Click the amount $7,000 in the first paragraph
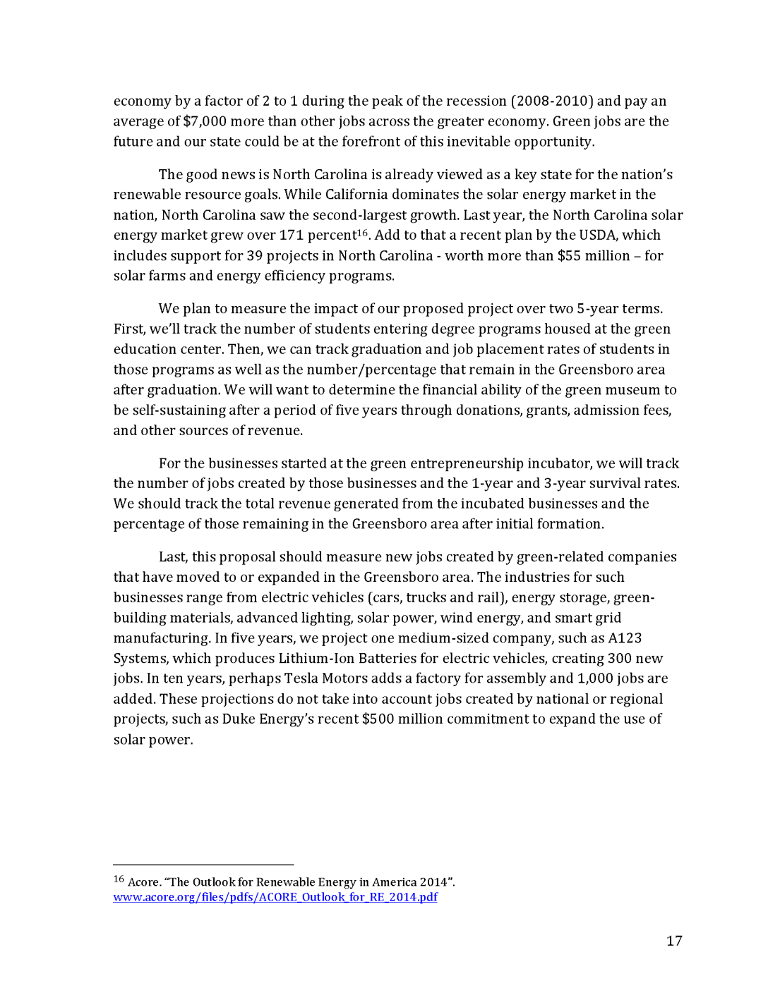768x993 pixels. (x=205, y=121)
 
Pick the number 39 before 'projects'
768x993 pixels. (x=254, y=256)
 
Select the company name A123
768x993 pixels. (x=625, y=638)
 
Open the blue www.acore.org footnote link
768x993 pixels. (x=275, y=897)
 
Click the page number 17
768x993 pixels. (x=674, y=941)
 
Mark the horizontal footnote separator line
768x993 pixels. (x=203, y=865)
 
